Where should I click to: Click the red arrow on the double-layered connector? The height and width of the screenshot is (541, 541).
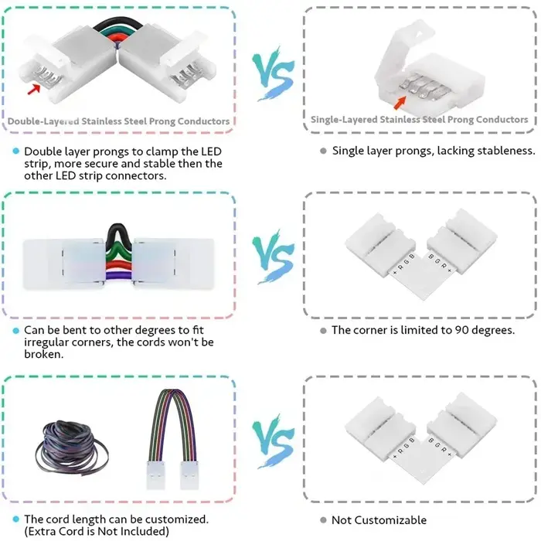(x=34, y=90)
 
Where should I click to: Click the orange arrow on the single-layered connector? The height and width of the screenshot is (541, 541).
(x=400, y=103)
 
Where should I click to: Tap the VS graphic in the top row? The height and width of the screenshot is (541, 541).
(x=273, y=73)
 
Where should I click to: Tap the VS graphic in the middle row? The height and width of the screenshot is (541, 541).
(x=273, y=257)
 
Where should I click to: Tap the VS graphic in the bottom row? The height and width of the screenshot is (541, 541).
(x=273, y=441)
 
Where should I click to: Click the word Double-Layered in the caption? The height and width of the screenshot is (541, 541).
(x=43, y=121)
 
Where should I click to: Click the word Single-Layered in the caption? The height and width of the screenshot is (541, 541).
(x=344, y=120)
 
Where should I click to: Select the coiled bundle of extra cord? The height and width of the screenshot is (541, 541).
(x=71, y=447)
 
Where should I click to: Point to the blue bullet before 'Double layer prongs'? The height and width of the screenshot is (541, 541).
(x=16, y=151)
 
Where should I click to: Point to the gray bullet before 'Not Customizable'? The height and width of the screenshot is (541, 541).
(x=323, y=520)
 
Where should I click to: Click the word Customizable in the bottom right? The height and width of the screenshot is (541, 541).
(x=390, y=520)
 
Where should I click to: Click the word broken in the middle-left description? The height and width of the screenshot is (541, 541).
(x=43, y=354)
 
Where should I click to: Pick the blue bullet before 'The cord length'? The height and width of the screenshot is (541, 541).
(x=16, y=519)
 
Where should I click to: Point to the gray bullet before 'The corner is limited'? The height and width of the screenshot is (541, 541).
(x=323, y=331)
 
